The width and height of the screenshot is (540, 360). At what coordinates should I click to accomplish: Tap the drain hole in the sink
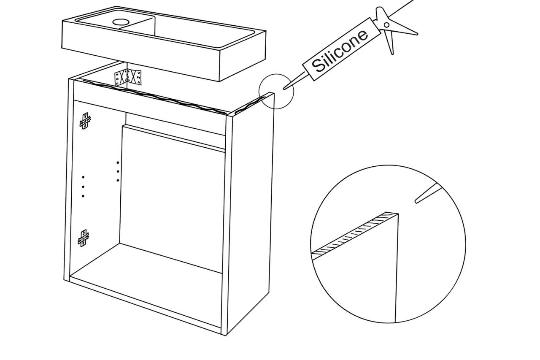click(121, 22)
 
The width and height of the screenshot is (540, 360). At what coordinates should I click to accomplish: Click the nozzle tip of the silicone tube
click(285, 88)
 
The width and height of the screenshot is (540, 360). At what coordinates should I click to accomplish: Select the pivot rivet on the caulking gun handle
click(386, 25)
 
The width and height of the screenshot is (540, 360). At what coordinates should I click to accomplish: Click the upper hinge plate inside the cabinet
click(85, 121)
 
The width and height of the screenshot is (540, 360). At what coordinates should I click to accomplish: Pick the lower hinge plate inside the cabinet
click(83, 238)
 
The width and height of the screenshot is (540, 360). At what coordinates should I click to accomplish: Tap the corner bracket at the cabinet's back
click(128, 77)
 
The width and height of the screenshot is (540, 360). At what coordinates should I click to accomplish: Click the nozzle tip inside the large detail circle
click(416, 201)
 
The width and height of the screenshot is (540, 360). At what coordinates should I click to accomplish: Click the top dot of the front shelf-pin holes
click(83, 177)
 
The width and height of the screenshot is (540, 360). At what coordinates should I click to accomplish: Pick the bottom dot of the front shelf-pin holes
click(83, 196)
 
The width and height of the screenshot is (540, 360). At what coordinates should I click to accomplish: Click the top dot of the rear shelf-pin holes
click(118, 163)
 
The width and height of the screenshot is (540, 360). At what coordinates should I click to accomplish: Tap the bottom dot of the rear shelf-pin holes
click(118, 180)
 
